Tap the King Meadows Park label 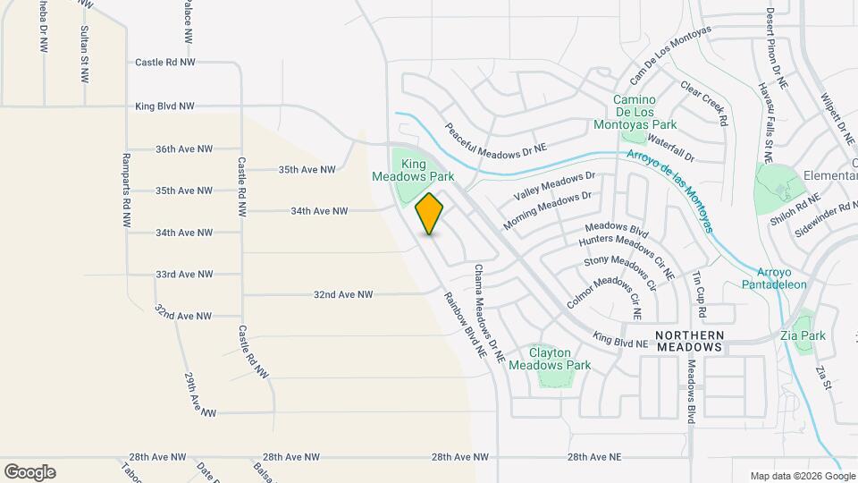coord(413,170)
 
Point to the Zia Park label coord(812,335)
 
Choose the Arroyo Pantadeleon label coord(774,278)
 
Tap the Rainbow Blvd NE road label coord(464,326)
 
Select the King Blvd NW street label coord(164,106)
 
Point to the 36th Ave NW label coord(184,148)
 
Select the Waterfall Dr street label coord(670,149)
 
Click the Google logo coord(29,472)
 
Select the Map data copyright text coord(803,476)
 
